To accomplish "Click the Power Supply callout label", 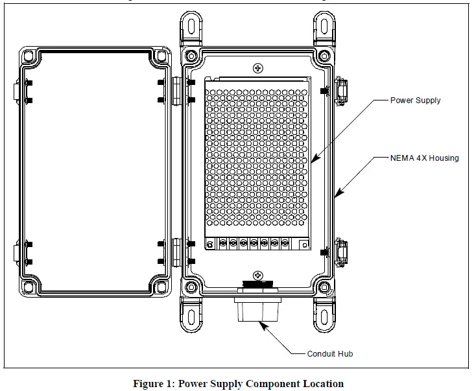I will (x=415, y=101).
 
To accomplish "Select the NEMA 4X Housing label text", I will (x=424, y=158).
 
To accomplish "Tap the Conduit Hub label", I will (x=330, y=354).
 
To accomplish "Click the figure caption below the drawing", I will (x=238, y=383).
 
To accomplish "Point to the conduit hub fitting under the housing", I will (x=257, y=309).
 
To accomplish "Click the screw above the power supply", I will (x=258, y=68).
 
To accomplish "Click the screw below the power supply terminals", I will (x=258, y=275).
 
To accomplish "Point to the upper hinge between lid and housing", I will (x=176, y=91).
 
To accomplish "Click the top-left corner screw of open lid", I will (x=29, y=57).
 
